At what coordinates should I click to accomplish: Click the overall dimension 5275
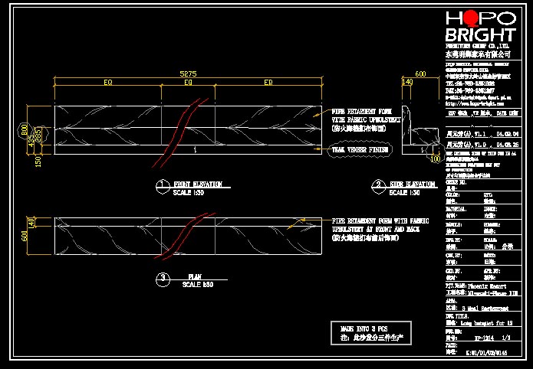188,73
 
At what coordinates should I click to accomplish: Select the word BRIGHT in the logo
480,35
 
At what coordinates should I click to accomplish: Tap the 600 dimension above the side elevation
419,74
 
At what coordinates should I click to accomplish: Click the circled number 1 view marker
162,184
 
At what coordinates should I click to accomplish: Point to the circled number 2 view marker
378,184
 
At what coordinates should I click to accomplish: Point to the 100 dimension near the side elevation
436,160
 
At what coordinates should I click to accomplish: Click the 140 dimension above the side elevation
407,82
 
